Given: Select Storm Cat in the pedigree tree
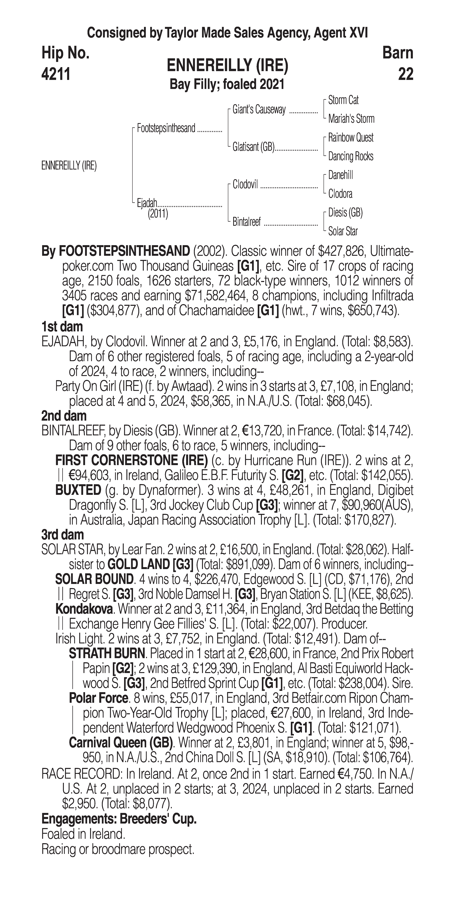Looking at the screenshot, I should (343, 100).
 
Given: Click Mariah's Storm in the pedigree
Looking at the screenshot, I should (351, 119).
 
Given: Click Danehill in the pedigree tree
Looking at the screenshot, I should (340, 175).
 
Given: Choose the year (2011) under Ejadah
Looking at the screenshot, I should (158, 213).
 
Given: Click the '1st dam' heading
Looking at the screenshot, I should (62, 326).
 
